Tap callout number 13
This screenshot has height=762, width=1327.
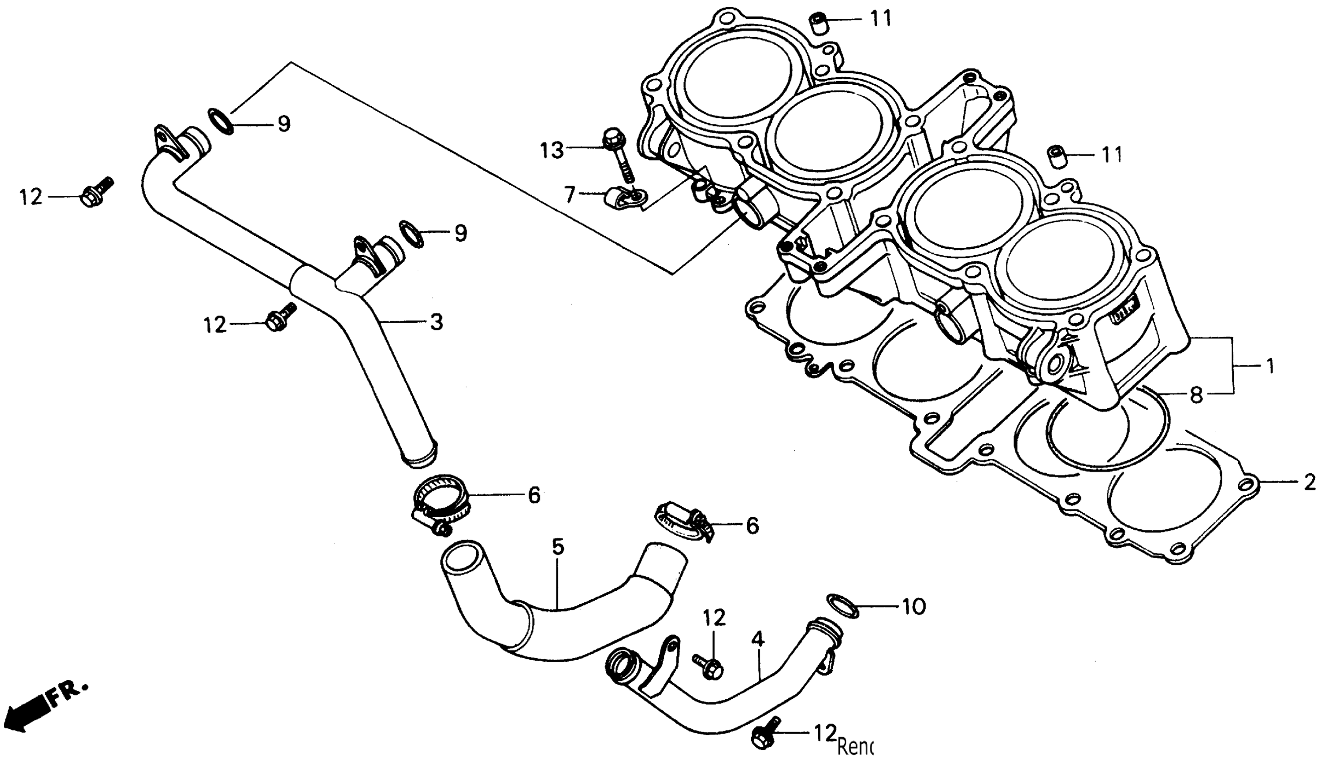[552, 151]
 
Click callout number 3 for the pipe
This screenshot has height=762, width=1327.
[436, 322]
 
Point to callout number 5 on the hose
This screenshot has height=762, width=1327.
[558, 547]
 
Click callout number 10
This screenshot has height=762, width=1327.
[914, 606]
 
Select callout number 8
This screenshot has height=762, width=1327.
[1196, 395]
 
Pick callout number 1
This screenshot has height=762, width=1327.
[1270, 366]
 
